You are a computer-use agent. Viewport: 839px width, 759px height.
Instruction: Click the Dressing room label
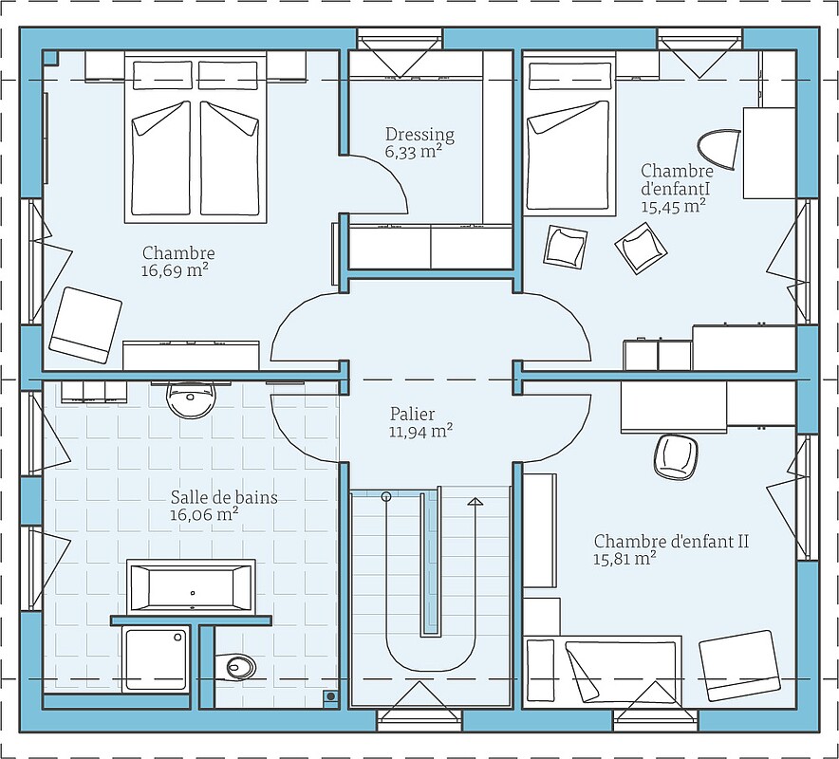point(419,134)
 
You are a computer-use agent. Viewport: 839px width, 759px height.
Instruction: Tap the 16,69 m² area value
point(175,270)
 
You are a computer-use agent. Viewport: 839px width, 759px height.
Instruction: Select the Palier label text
point(412,414)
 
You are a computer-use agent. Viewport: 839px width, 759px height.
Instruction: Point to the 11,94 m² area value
point(421,431)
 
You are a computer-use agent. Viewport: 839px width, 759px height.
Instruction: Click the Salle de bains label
point(224,497)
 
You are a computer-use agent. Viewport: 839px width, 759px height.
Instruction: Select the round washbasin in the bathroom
point(191,400)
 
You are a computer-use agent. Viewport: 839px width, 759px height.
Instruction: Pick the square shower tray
point(156,659)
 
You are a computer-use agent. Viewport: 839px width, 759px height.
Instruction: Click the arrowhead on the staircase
point(475,501)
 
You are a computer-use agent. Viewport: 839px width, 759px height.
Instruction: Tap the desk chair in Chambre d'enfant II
point(676,456)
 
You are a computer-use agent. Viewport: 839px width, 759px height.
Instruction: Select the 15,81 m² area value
point(625,559)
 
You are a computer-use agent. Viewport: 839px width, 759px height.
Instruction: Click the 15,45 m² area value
point(673,206)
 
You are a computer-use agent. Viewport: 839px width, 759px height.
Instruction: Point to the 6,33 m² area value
point(413,152)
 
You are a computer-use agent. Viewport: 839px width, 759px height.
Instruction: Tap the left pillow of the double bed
point(162,75)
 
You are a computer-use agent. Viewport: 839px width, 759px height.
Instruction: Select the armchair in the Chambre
point(85,325)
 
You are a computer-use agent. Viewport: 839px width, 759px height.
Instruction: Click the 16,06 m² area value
point(204,515)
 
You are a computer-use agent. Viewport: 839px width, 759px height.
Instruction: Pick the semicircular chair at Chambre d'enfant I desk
point(718,149)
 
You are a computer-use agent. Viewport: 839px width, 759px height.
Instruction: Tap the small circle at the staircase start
point(385,497)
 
